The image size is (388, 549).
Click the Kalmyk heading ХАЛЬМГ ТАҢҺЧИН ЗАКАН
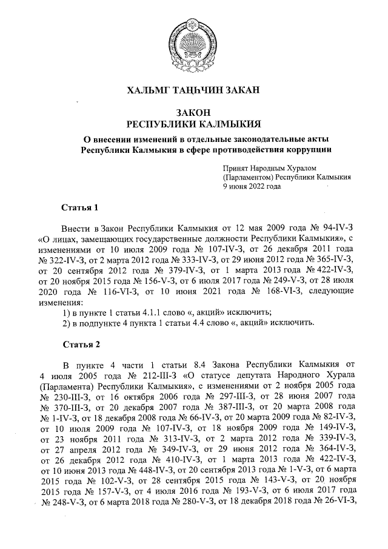pyautogui.click(x=193, y=90)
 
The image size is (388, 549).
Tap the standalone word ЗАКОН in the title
pyautogui.click(x=193, y=112)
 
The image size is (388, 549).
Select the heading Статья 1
pyautogui.click(x=80, y=209)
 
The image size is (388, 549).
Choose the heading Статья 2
pyautogui.click(x=80, y=345)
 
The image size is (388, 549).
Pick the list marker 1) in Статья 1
pyautogui.click(x=67, y=312)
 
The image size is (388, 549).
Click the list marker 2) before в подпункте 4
pyautogui.click(x=67, y=322)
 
